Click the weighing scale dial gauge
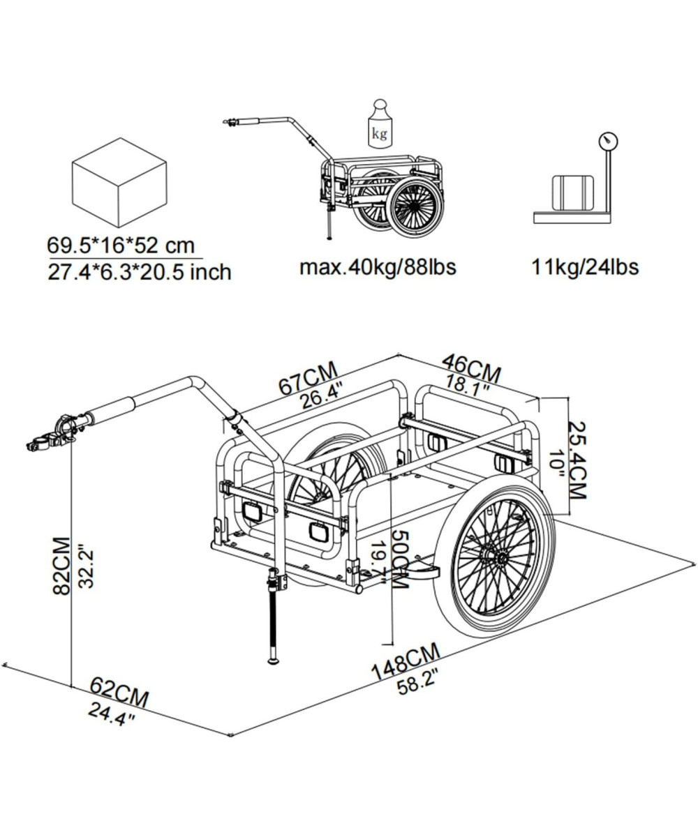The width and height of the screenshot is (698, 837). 607,141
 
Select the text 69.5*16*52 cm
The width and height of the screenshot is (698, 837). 120,246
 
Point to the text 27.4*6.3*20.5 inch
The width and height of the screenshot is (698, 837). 139,271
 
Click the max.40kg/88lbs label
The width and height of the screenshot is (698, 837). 378,266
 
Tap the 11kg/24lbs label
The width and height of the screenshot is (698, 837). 585,266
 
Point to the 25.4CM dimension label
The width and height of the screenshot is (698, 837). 577,459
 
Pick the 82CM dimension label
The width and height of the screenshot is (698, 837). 61,565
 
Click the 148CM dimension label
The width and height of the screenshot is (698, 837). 406,662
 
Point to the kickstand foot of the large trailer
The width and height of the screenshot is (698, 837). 274,659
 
